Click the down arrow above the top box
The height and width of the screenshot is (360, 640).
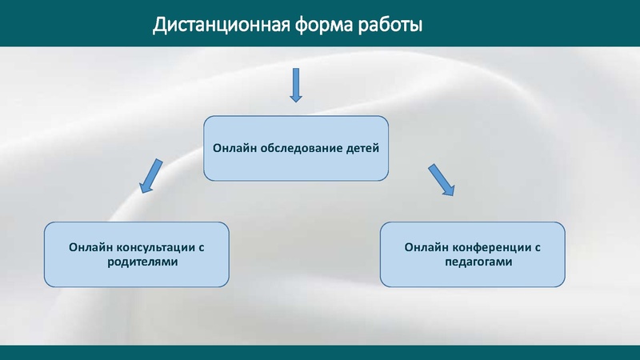(296, 85)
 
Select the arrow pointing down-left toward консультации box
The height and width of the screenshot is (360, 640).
(150, 176)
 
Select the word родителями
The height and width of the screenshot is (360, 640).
(136, 261)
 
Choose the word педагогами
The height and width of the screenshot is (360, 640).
(472, 261)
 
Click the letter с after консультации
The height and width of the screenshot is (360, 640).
(202, 248)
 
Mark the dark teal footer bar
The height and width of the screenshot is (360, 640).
(320, 352)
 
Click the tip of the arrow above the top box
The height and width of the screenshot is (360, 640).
(296, 102)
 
